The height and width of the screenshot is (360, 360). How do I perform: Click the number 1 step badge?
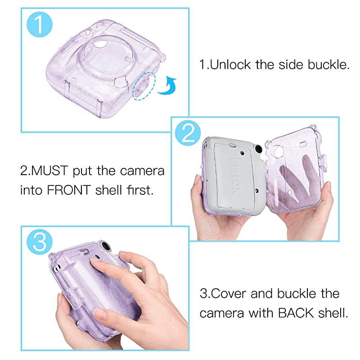pyautogui.click(x=40, y=25)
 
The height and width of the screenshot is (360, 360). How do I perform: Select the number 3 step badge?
pyautogui.click(x=40, y=243)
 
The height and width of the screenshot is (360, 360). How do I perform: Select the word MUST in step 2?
pyautogui.click(x=53, y=171)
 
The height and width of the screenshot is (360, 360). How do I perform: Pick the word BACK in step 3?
pyautogui.click(x=295, y=313)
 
